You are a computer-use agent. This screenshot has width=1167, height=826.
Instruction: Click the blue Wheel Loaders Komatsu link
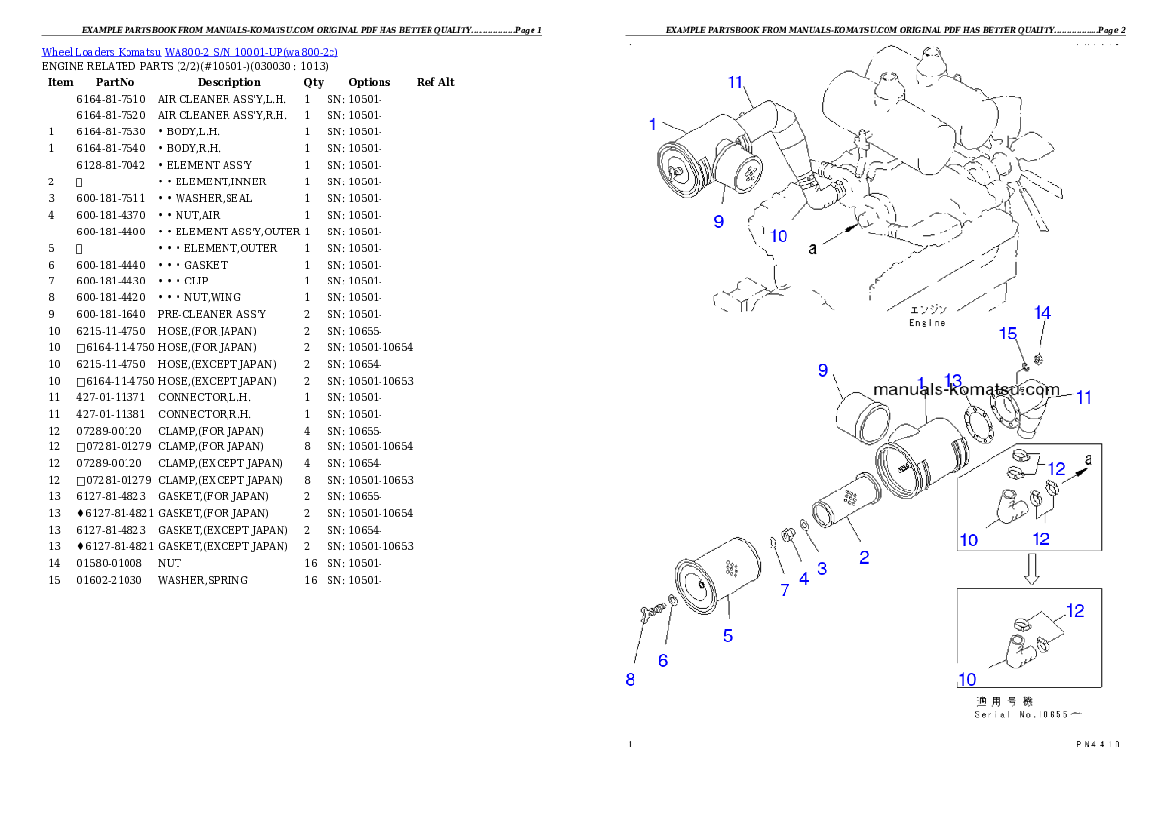pos(189,52)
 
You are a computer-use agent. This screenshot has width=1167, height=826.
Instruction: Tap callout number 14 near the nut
pos(1042,313)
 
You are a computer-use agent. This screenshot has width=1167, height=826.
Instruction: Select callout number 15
pos(1008,335)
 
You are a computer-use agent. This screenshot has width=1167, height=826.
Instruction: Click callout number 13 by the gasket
pos(954,381)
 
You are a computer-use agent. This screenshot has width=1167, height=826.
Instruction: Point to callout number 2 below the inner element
pos(864,558)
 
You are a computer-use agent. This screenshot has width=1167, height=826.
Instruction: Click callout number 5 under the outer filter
pos(728,635)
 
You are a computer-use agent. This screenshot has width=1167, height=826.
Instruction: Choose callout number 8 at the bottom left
pos(630,679)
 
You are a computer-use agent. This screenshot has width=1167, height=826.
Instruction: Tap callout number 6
pos(663,661)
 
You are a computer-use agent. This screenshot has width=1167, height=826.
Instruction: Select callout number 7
pos(785,590)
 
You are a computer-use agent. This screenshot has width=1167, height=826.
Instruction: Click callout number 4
pos(804,579)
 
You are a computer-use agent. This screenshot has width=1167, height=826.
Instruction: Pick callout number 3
pos(822,568)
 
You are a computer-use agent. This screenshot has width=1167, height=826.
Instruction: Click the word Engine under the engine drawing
pos(927,323)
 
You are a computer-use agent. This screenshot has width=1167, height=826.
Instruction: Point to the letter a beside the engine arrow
pos(812,249)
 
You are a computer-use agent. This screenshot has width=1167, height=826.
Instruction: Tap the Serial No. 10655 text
pos(1030,714)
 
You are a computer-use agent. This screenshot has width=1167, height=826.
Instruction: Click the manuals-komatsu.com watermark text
pos(965,389)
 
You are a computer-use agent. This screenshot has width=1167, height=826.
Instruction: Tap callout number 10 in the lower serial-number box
pos(967,678)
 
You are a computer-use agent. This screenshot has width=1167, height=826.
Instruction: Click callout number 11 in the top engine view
pos(736,82)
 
